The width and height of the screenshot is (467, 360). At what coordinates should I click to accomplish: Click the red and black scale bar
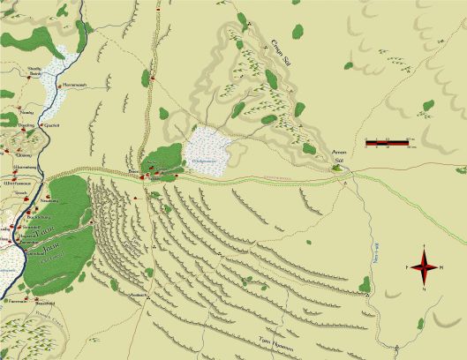(386, 141)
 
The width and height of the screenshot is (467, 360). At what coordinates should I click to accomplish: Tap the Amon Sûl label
(337, 157)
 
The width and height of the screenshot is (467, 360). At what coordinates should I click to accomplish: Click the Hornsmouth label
(76, 85)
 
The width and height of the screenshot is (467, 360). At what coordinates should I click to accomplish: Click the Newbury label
(27, 114)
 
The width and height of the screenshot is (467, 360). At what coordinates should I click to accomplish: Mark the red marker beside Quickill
(44, 121)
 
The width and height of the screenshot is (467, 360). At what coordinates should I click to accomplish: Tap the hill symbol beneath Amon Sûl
(341, 167)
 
